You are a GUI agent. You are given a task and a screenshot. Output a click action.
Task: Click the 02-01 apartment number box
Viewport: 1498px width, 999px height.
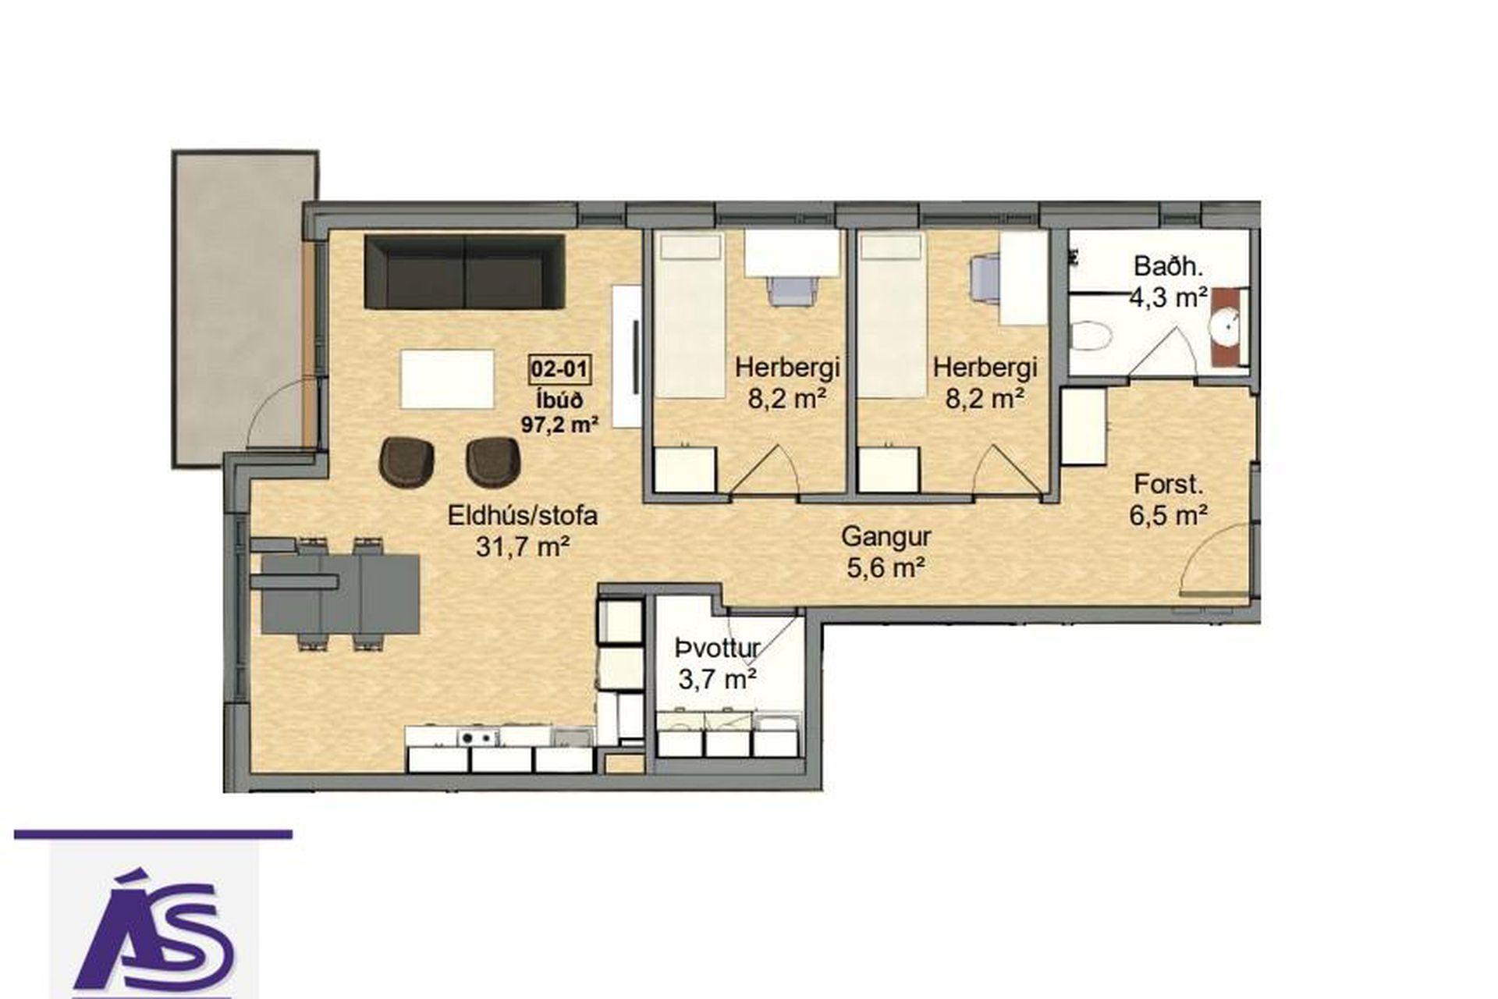(x=559, y=368)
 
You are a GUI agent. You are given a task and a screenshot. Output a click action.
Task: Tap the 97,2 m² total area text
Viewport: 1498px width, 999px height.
(x=559, y=425)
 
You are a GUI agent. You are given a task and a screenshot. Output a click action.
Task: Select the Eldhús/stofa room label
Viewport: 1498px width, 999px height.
(x=523, y=515)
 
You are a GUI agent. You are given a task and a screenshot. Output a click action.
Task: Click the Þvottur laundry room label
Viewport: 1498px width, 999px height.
(x=718, y=648)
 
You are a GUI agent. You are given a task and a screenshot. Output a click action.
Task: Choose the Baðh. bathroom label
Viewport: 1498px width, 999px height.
(x=1169, y=267)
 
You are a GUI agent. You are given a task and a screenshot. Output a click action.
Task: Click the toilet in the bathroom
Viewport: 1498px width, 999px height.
(x=1091, y=338)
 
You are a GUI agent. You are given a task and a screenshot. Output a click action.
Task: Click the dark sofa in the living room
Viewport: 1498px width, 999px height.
(x=465, y=271)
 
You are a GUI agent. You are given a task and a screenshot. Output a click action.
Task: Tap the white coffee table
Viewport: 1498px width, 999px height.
(x=448, y=379)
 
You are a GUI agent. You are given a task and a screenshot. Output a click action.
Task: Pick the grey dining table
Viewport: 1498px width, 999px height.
(x=340, y=593)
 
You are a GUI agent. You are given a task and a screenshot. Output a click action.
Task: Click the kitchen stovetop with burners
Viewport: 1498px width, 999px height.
(x=477, y=736)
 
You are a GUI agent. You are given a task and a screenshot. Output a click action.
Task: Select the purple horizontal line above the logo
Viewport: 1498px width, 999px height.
(x=153, y=834)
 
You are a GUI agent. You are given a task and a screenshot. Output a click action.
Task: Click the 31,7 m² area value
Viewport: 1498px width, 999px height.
(x=522, y=546)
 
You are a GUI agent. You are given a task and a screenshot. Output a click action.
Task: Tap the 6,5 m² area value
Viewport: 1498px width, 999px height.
(x=1169, y=515)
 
